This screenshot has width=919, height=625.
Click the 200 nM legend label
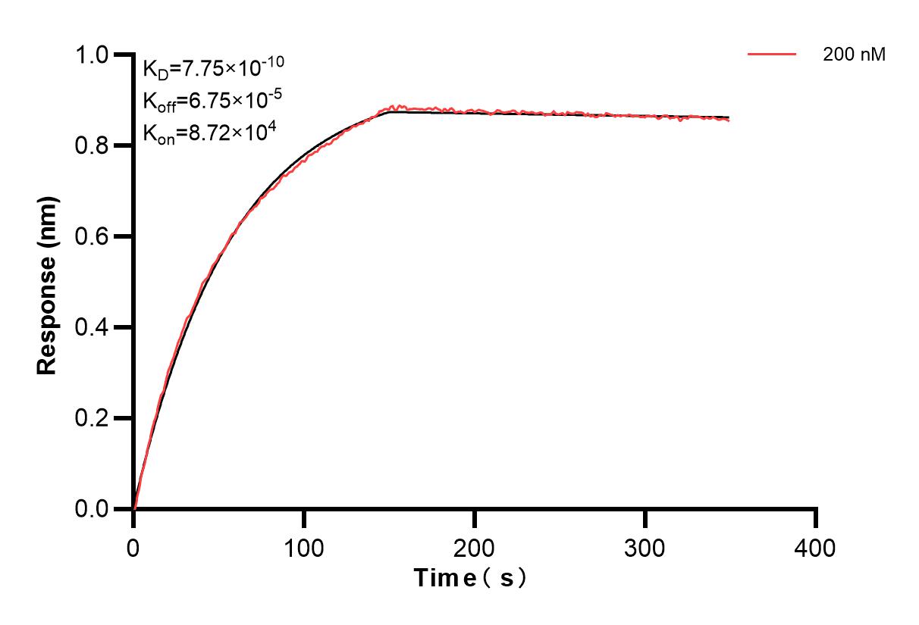point(855,55)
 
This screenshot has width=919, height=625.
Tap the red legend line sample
point(772,55)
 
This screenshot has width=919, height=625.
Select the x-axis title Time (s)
point(470,578)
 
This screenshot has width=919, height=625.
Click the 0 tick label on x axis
point(133,546)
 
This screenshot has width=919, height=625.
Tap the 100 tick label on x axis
point(304,546)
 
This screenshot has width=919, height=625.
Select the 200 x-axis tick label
point(475,546)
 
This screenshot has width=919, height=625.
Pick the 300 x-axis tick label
point(645,546)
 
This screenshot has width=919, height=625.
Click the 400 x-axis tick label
point(816,546)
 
